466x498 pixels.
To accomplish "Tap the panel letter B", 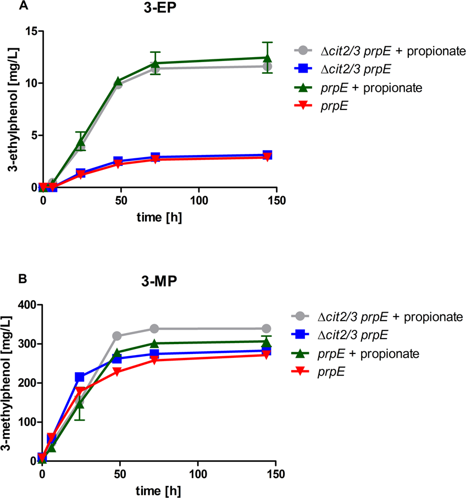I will (23, 279).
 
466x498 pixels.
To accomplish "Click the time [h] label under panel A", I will (159, 216).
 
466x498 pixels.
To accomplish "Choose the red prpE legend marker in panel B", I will (304, 371).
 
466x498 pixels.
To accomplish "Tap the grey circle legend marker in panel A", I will (306, 52).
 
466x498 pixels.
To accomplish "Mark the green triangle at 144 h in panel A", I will (267, 58).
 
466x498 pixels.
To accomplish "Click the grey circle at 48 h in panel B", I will (117, 336).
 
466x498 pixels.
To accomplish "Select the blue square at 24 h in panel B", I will (80, 377).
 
